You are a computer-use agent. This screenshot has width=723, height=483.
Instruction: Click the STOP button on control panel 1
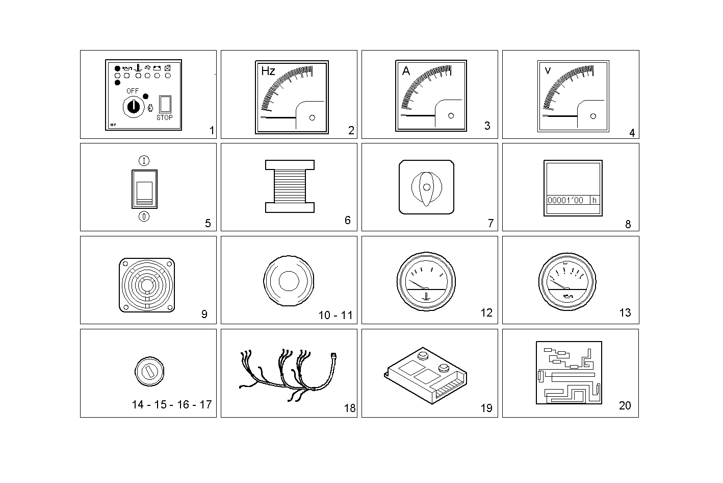(x=165, y=104)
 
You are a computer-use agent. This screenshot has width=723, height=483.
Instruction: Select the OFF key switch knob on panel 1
(x=133, y=106)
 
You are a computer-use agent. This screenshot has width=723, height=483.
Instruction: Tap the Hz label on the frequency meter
(x=268, y=71)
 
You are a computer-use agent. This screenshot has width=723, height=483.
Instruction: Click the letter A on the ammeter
(x=406, y=71)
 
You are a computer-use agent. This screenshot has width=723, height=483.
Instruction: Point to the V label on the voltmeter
(x=548, y=70)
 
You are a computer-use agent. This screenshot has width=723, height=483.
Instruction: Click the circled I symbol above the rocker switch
(x=145, y=161)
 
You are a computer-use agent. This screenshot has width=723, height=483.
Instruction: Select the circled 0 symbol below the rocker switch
(x=145, y=216)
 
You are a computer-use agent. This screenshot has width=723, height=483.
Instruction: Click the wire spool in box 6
(x=290, y=186)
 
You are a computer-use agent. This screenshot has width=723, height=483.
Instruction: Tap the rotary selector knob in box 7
(x=427, y=187)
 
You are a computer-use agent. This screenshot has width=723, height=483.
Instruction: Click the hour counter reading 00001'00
(x=565, y=200)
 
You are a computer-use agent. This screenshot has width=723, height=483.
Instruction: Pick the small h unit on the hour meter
(x=594, y=200)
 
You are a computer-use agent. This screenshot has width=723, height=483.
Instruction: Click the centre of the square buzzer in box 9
(x=147, y=284)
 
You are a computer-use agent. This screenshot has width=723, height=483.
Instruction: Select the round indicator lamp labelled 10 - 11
(x=289, y=281)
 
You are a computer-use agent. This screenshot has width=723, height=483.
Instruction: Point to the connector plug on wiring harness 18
(x=334, y=354)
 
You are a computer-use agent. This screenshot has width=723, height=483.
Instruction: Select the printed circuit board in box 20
(x=569, y=373)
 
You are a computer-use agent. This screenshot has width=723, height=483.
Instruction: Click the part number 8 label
(x=628, y=224)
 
